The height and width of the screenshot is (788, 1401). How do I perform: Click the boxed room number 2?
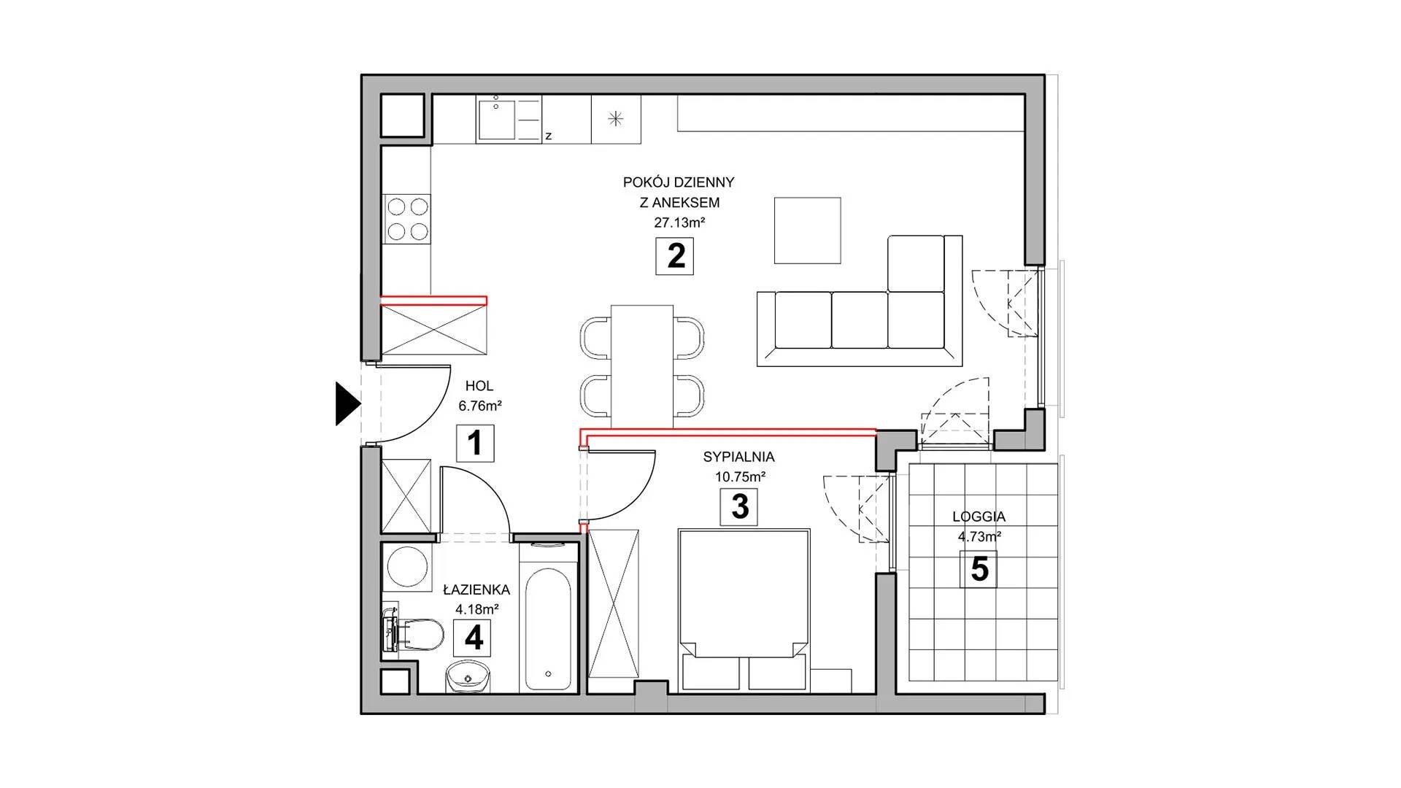[675, 256]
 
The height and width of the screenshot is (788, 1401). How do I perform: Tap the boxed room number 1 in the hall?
[475, 443]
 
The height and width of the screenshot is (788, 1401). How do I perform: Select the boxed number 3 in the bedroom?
[739, 507]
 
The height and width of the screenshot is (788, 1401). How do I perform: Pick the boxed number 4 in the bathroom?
[474, 638]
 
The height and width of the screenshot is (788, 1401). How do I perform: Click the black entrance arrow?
[347, 403]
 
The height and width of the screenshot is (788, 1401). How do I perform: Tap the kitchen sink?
[496, 120]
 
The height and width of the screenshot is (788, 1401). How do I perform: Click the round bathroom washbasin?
[467, 677]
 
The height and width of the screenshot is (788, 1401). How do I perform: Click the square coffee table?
[807, 231]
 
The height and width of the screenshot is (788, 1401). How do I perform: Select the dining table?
[642, 366]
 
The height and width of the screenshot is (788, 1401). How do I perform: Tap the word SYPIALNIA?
[738, 457]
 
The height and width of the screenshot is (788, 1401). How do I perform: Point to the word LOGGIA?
[979, 517]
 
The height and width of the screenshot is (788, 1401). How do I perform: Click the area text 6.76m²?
[479, 406]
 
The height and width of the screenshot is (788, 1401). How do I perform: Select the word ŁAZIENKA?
[476, 590]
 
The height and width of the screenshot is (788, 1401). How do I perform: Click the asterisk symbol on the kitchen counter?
[617, 119]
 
